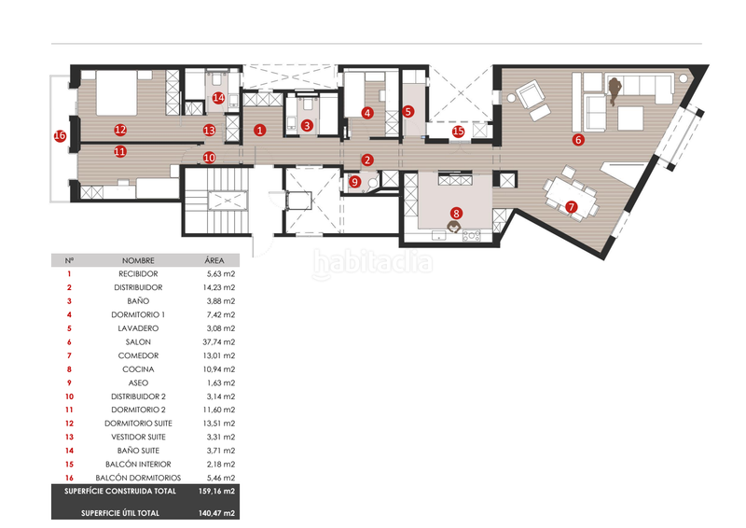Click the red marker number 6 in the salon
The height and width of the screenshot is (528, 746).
pyautogui.click(x=578, y=140)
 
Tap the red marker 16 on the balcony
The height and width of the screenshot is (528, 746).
pyautogui.click(x=60, y=136)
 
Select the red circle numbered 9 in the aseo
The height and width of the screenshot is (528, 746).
pyautogui.click(x=355, y=181)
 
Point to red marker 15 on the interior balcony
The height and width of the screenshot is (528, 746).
pyautogui.click(x=458, y=131)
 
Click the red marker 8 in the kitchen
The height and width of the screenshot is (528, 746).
pyautogui.click(x=456, y=213)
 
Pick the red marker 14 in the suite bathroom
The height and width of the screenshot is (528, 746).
pyautogui.click(x=218, y=98)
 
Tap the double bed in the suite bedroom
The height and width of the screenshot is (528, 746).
pyautogui.click(x=117, y=93)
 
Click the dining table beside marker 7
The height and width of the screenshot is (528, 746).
pyautogui.click(x=571, y=197)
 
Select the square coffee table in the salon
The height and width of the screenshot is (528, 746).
pyautogui.click(x=630, y=118)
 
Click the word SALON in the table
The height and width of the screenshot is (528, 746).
pyautogui.click(x=138, y=341)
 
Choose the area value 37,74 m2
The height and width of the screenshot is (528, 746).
pyautogui.click(x=219, y=341)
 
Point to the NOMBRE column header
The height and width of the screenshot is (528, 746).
pyautogui.click(x=138, y=260)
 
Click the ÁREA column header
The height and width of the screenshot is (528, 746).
pyautogui.click(x=214, y=260)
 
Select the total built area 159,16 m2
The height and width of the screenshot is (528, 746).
pyautogui.click(x=216, y=491)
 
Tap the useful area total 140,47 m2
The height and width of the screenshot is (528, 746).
pyautogui.click(x=216, y=513)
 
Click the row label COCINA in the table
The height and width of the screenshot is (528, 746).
pyautogui.click(x=138, y=369)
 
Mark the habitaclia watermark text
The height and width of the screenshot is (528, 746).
pyautogui.click(x=373, y=263)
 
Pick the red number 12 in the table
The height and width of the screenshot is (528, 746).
pyautogui.click(x=69, y=424)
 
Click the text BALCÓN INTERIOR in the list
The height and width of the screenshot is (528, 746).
pyautogui.click(x=138, y=465)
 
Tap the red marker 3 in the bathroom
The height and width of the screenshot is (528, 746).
pyautogui.click(x=307, y=125)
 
